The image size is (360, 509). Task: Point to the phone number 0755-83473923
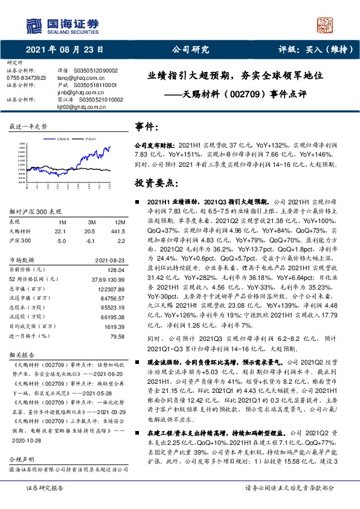[x=25, y=78]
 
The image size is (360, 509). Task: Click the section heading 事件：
[x=147, y=128]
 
